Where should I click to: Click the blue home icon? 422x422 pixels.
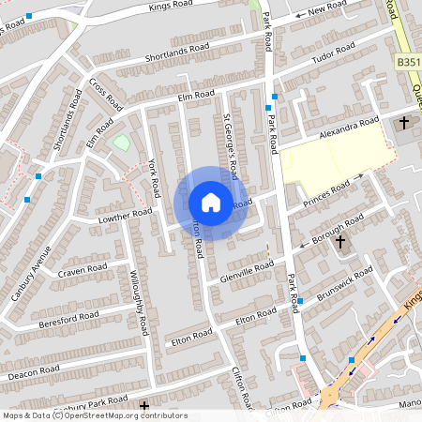point(210,203)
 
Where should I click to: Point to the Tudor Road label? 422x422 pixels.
point(336,55)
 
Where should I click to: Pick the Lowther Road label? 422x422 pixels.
point(125,217)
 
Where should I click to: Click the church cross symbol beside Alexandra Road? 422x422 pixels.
point(405,123)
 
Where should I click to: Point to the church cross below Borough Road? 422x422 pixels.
point(340,242)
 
